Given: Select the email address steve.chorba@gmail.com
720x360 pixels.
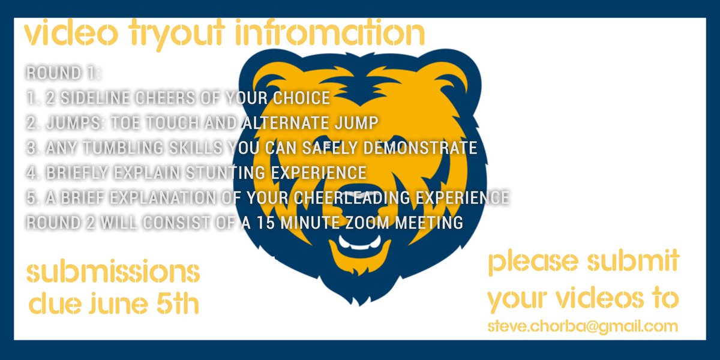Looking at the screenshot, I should tap(583, 326).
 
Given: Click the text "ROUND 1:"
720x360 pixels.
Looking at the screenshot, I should tap(63, 73).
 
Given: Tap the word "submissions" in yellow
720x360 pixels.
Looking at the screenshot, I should tap(113, 273).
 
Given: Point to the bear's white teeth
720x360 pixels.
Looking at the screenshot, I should tap(359, 244).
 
